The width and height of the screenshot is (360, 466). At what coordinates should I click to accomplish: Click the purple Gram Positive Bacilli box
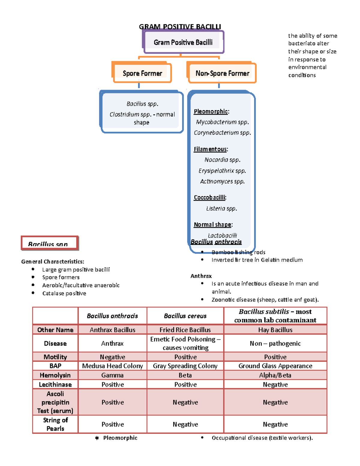183,42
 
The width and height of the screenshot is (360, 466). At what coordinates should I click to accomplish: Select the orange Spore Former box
142,73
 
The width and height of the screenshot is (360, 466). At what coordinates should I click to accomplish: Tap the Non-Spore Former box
222,73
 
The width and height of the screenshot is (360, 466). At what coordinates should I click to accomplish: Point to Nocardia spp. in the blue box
222,160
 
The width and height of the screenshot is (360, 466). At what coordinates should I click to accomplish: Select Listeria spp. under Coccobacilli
221,209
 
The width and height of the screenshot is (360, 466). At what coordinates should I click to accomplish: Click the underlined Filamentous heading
211,149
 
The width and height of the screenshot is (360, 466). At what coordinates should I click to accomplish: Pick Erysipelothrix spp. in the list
222,171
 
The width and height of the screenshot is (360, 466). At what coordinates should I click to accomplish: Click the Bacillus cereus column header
185,316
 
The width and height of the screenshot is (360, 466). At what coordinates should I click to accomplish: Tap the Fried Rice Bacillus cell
185,330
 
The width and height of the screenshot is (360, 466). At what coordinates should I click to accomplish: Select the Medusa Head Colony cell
112,366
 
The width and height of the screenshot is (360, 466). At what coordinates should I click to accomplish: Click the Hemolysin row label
55,375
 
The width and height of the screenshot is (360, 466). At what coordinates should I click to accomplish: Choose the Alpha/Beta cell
275,375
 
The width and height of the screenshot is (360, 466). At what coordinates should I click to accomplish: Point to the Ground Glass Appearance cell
275,366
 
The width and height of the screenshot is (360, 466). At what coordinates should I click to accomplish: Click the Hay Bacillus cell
275,330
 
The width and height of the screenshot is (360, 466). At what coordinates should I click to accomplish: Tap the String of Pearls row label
55,424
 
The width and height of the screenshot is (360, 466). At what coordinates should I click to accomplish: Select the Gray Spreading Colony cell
185,366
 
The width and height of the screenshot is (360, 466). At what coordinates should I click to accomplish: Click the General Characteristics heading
52,262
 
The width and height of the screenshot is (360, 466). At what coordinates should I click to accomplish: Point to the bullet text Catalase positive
64,293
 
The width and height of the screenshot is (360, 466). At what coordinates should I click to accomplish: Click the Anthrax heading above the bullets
201,276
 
